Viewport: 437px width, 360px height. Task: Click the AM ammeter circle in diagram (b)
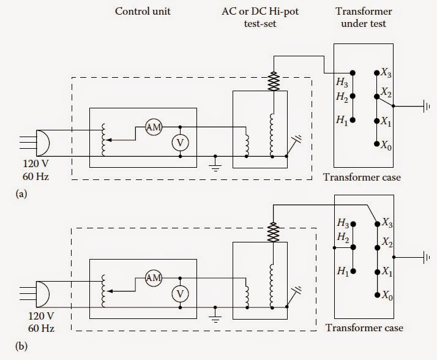(153, 278)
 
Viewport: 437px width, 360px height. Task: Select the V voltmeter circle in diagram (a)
(179, 143)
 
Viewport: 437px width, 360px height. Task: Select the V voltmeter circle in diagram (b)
(179, 294)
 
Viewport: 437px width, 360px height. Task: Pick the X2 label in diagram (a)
(386, 92)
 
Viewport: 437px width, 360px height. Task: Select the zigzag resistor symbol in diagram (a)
(273, 81)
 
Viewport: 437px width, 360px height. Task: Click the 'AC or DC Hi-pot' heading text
(274, 12)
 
